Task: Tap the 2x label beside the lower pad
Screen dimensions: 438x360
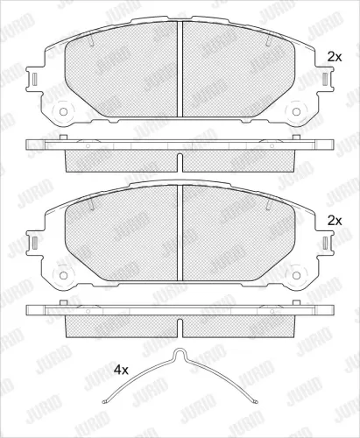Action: tap(332, 220)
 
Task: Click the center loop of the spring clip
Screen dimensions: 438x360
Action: tap(180, 355)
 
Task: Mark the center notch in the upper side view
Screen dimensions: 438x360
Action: tap(180, 162)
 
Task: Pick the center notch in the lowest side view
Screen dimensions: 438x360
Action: tap(180, 328)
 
